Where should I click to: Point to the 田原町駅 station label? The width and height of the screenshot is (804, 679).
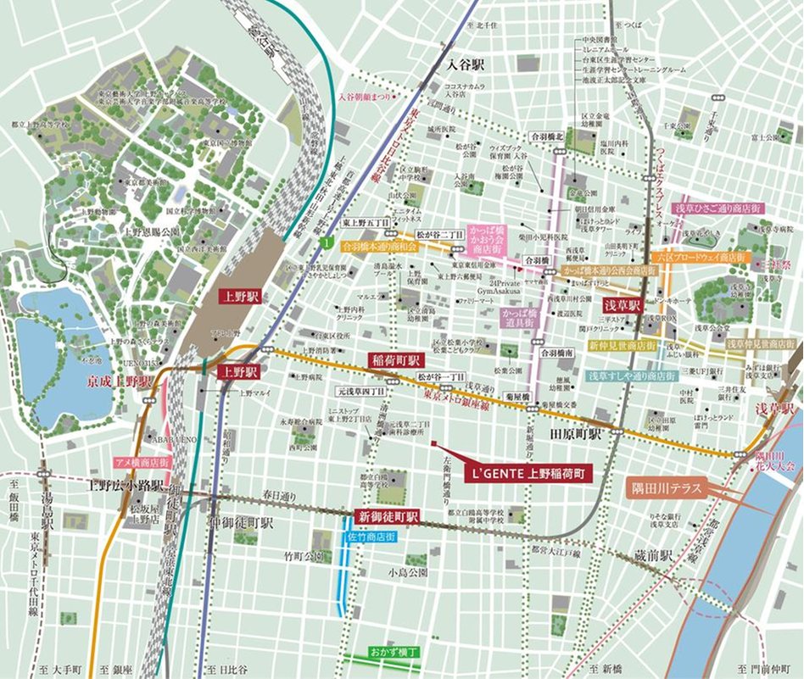coord(576,433)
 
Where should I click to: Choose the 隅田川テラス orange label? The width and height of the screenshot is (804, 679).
coord(662,489)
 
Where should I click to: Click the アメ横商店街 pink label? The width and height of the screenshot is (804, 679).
coord(142,463)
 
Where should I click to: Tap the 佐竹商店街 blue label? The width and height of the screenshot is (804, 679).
coord(368,537)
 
